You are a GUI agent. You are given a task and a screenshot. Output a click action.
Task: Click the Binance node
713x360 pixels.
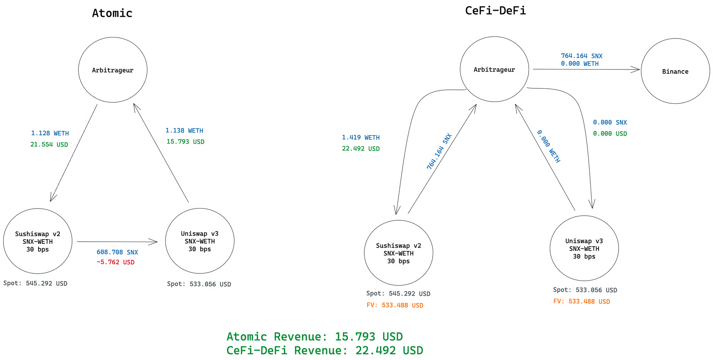click(x=675, y=71)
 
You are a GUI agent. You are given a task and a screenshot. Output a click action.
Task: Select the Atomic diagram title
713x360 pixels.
click(x=112, y=13)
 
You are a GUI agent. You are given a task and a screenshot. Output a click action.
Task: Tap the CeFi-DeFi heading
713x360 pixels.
click(x=495, y=11)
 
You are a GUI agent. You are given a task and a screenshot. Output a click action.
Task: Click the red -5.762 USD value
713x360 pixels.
click(x=116, y=262)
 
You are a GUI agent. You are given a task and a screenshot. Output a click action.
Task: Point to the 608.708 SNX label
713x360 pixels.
click(x=117, y=252)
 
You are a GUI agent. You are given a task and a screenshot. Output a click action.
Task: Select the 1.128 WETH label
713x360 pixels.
click(x=50, y=133)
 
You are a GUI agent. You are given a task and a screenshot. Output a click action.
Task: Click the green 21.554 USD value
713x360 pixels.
click(x=49, y=145)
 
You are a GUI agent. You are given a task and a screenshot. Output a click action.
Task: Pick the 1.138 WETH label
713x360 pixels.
click(x=184, y=131)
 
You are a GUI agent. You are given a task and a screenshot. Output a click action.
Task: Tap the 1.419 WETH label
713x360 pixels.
click(x=361, y=138)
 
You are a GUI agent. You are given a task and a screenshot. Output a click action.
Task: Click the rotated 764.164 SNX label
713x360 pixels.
click(x=439, y=151)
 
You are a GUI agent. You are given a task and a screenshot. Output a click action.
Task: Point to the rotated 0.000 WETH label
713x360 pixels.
click(x=549, y=146)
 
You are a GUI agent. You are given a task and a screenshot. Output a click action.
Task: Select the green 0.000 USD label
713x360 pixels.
click(x=610, y=134)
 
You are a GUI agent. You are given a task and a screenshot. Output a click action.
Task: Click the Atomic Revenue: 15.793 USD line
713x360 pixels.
click(x=314, y=337)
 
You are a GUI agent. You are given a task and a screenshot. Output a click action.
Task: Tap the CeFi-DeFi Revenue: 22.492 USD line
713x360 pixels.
click(x=324, y=351)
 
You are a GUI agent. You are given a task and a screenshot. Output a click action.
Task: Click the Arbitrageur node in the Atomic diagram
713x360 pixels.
click(x=113, y=70)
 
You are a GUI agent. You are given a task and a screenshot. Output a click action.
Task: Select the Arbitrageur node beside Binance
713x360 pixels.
click(x=494, y=70)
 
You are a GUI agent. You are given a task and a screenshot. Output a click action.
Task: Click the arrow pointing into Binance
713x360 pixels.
click(x=586, y=70)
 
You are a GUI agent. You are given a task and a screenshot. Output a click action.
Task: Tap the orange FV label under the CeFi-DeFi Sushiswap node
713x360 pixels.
click(x=395, y=305)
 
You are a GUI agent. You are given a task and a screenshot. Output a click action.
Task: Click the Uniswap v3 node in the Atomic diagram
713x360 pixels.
click(x=200, y=241)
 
